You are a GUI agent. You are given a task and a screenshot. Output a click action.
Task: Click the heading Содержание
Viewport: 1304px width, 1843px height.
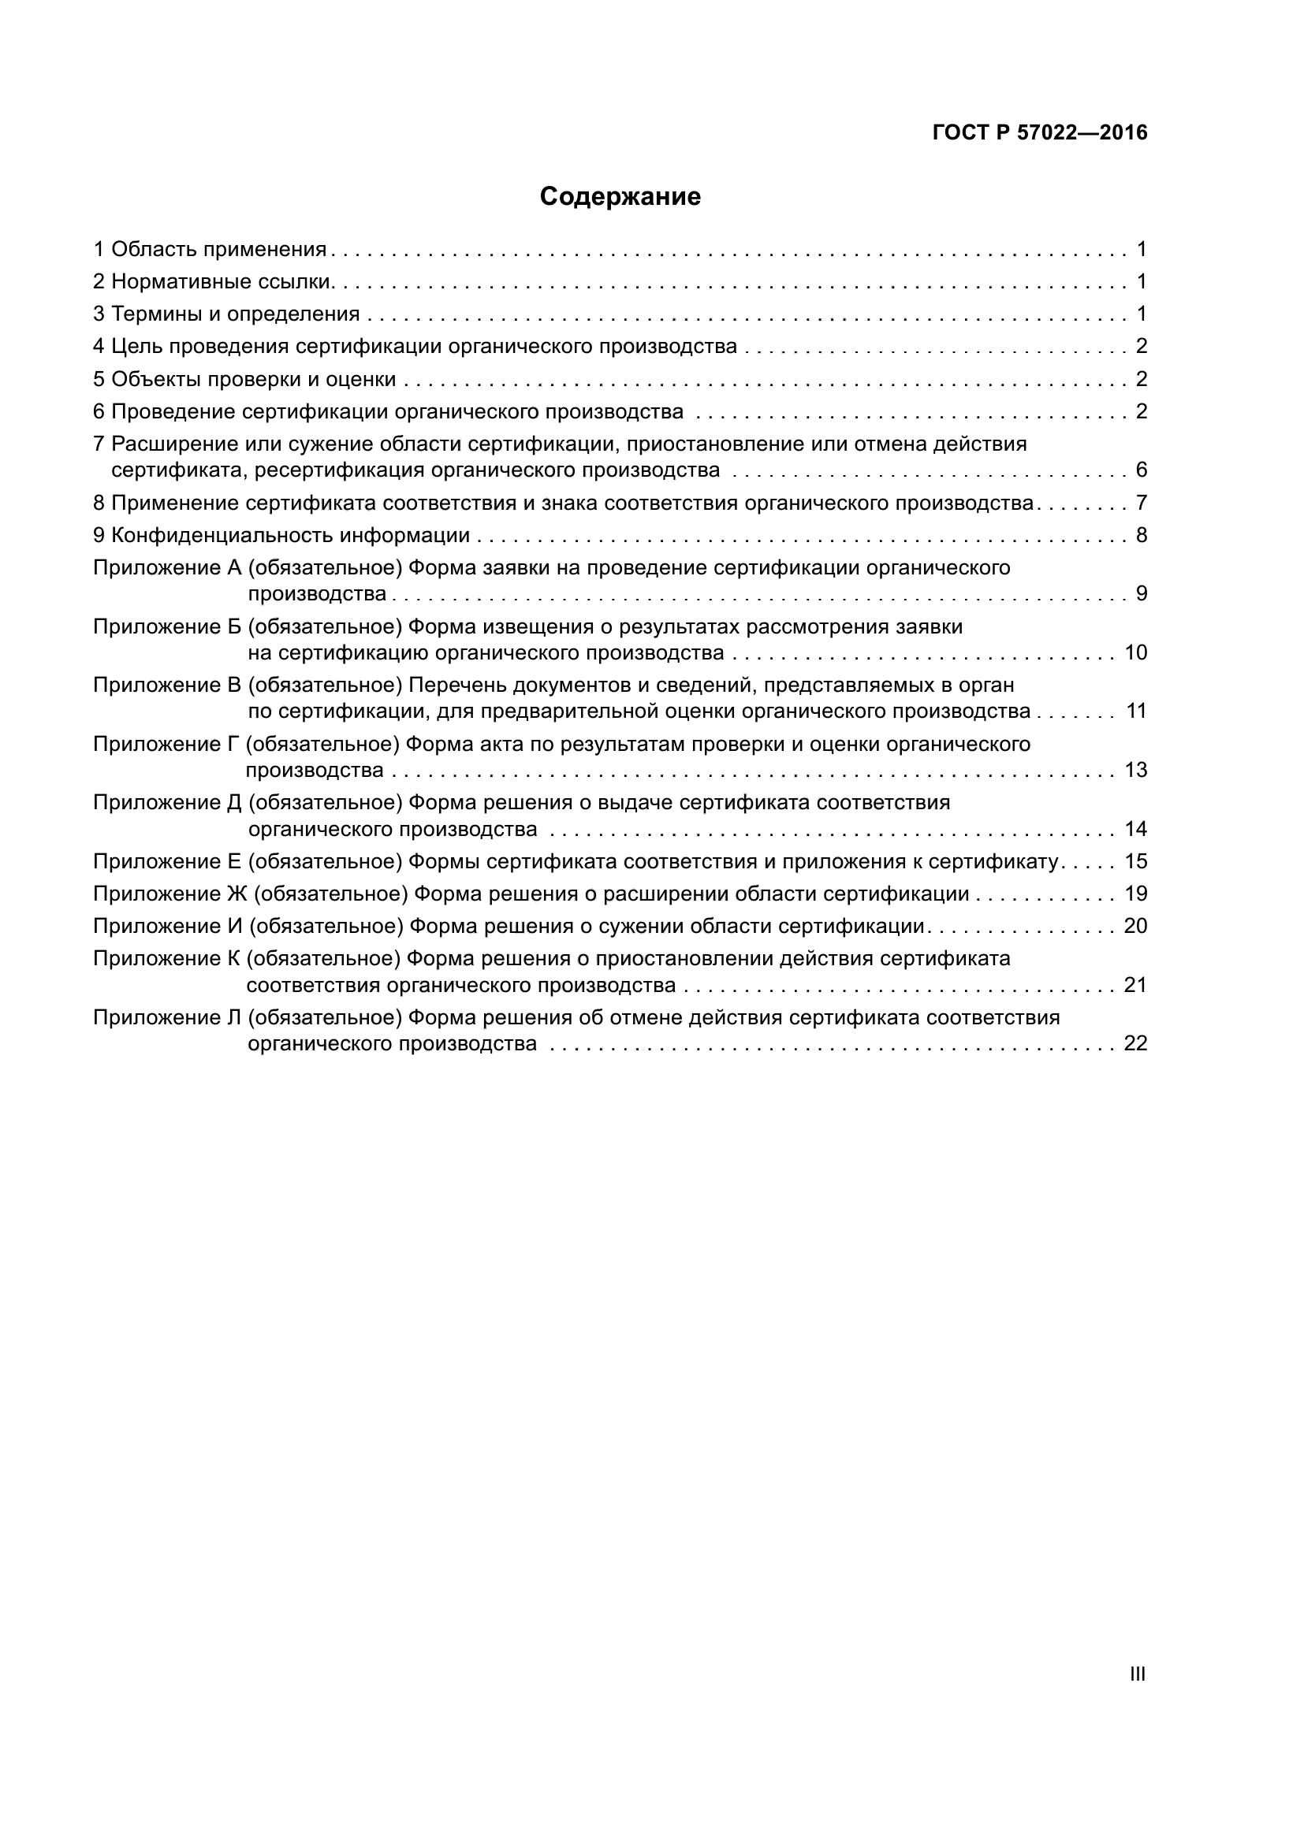tap(620, 197)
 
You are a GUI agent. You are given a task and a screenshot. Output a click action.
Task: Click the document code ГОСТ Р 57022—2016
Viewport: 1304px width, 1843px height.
tap(1040, 133)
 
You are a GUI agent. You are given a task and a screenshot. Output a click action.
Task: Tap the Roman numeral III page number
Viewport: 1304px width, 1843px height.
tap(1137, 1674)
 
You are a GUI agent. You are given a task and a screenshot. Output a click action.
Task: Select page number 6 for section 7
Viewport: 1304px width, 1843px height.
tap(1141, 470)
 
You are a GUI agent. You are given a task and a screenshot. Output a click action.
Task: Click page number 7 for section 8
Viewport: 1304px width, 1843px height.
tap(1141, 503)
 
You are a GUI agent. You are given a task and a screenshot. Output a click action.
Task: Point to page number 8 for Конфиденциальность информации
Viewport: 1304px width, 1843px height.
tap(1141, 535)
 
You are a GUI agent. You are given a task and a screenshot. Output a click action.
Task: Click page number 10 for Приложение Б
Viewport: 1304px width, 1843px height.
tap(1135, 652)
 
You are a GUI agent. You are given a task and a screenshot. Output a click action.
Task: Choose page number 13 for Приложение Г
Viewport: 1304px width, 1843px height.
tap(1135, 771)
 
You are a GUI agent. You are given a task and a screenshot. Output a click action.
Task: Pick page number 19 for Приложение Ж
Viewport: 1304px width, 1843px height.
tap(1135, 894)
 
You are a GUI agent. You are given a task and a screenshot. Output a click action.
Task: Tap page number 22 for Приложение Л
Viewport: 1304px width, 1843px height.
tap(1135, 1043)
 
